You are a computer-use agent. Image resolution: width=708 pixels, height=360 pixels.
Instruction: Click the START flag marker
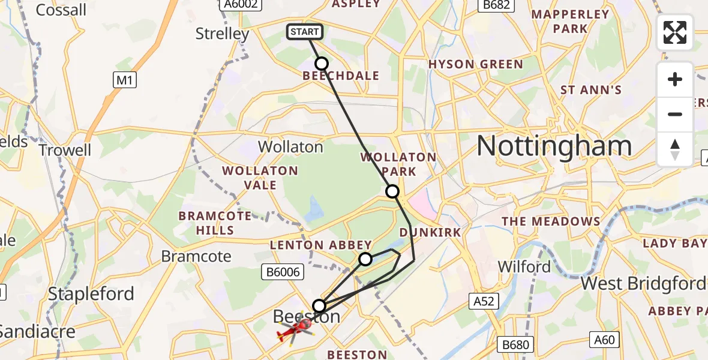tap(305, 32)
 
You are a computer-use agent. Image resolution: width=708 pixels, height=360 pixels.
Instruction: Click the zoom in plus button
tap(675, 80)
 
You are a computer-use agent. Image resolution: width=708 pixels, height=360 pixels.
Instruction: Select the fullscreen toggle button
tap(675, 32)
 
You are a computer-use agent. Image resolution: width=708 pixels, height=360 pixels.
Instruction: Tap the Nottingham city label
tap(554, 146)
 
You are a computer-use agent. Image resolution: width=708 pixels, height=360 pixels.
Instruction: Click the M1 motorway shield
tap(124, 80)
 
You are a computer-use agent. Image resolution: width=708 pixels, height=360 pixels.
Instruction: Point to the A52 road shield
tap(483, 301)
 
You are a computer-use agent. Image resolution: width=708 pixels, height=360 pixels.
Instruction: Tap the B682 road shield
tap(493, 4)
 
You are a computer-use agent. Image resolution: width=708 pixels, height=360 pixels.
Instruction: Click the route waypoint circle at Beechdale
tap(322, 64)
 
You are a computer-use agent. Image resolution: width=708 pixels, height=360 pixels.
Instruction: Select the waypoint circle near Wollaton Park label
tap(392, 191)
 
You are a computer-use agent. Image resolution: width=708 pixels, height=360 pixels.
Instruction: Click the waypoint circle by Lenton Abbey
tap(365, 259)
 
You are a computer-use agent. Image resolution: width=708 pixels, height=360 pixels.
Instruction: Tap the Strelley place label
tap(222, 34)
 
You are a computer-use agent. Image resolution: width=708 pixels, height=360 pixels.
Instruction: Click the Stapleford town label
tap(91, 294)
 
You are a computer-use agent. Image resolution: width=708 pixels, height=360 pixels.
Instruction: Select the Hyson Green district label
tap(475, 64)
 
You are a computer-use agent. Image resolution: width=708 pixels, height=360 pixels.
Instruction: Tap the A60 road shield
tap(604, 340)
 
